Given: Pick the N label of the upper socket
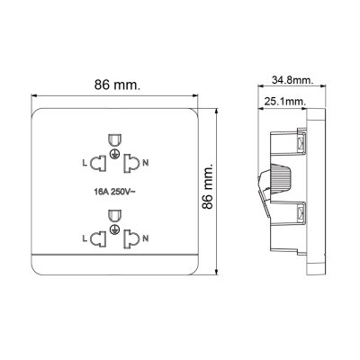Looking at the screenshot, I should click(147, 163).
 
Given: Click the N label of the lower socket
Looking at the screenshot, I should click(147, 238).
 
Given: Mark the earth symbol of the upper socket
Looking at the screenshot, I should click(114, 156).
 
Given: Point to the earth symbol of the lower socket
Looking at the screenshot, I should click(114, 231).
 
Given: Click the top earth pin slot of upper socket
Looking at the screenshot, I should click(114, 139).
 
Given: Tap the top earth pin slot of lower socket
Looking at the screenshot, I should click(114, 215).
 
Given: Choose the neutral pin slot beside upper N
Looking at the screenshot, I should click(132, 163).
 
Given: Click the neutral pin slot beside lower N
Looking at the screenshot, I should click(132, 238).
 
